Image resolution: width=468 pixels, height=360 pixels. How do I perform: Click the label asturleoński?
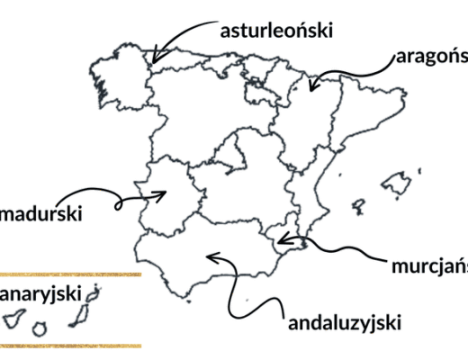[277, 31]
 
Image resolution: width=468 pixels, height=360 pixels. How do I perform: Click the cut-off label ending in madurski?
[41, 215]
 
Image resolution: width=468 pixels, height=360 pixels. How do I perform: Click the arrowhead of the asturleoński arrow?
[156, 59]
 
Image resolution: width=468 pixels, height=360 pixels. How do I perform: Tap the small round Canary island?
[39, 329]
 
